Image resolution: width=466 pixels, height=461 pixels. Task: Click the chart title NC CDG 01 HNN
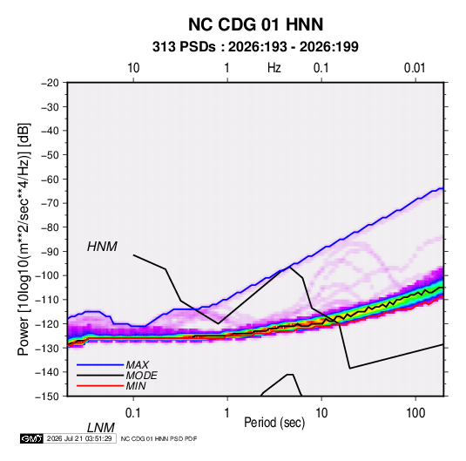tap(255, 24)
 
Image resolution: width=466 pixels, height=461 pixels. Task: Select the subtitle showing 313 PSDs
tap(255, 47)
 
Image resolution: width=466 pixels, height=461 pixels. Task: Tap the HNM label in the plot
tap(102, 247)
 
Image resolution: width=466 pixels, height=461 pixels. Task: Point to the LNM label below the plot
tap(100, 428)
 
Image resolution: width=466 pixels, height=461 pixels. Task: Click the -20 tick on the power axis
tap(50, 83)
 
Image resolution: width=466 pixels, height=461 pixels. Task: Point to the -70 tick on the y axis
tap(50, 203)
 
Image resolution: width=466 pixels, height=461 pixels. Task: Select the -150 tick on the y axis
tap(47, 397)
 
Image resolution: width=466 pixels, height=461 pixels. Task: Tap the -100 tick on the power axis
tap(47, 275)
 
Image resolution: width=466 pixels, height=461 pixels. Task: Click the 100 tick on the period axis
tap(415, 413)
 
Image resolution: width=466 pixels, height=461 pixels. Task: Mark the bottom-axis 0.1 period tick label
tap(133, 413)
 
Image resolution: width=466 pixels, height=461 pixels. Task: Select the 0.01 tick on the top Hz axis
tap(415, 68)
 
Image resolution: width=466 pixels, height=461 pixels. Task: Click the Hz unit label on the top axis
tap(274, 68)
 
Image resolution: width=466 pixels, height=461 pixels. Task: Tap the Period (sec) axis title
tap(274, 423)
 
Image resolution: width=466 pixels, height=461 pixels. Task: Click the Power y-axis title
tap(24, 239)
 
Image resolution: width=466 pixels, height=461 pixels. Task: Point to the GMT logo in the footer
tap(32, 438)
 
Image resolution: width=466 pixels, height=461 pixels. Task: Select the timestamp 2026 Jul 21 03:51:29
tap(79, 438)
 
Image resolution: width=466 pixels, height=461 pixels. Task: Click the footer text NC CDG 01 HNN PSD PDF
tap(159, 438)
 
